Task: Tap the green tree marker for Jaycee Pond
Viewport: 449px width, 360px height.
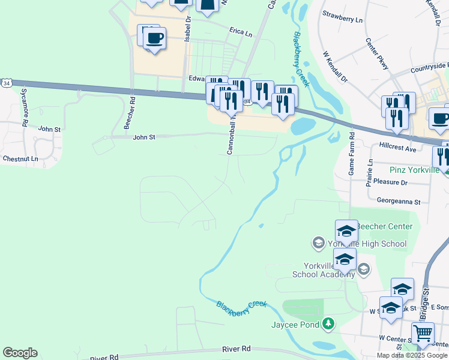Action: point(328,325)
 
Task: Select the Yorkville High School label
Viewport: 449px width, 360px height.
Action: point(367,244)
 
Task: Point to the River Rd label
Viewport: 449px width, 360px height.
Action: point(236,349)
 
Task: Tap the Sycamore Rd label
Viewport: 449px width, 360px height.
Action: point(25,107)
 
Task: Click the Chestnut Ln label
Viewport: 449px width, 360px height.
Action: point(20,159)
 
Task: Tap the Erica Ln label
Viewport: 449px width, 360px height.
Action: point(240,31)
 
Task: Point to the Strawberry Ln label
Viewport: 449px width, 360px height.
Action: point(343,16)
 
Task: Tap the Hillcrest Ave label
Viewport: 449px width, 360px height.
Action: point(398,148)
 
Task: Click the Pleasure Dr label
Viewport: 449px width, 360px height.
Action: point(390,182)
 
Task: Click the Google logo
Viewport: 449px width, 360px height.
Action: point(20,353)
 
